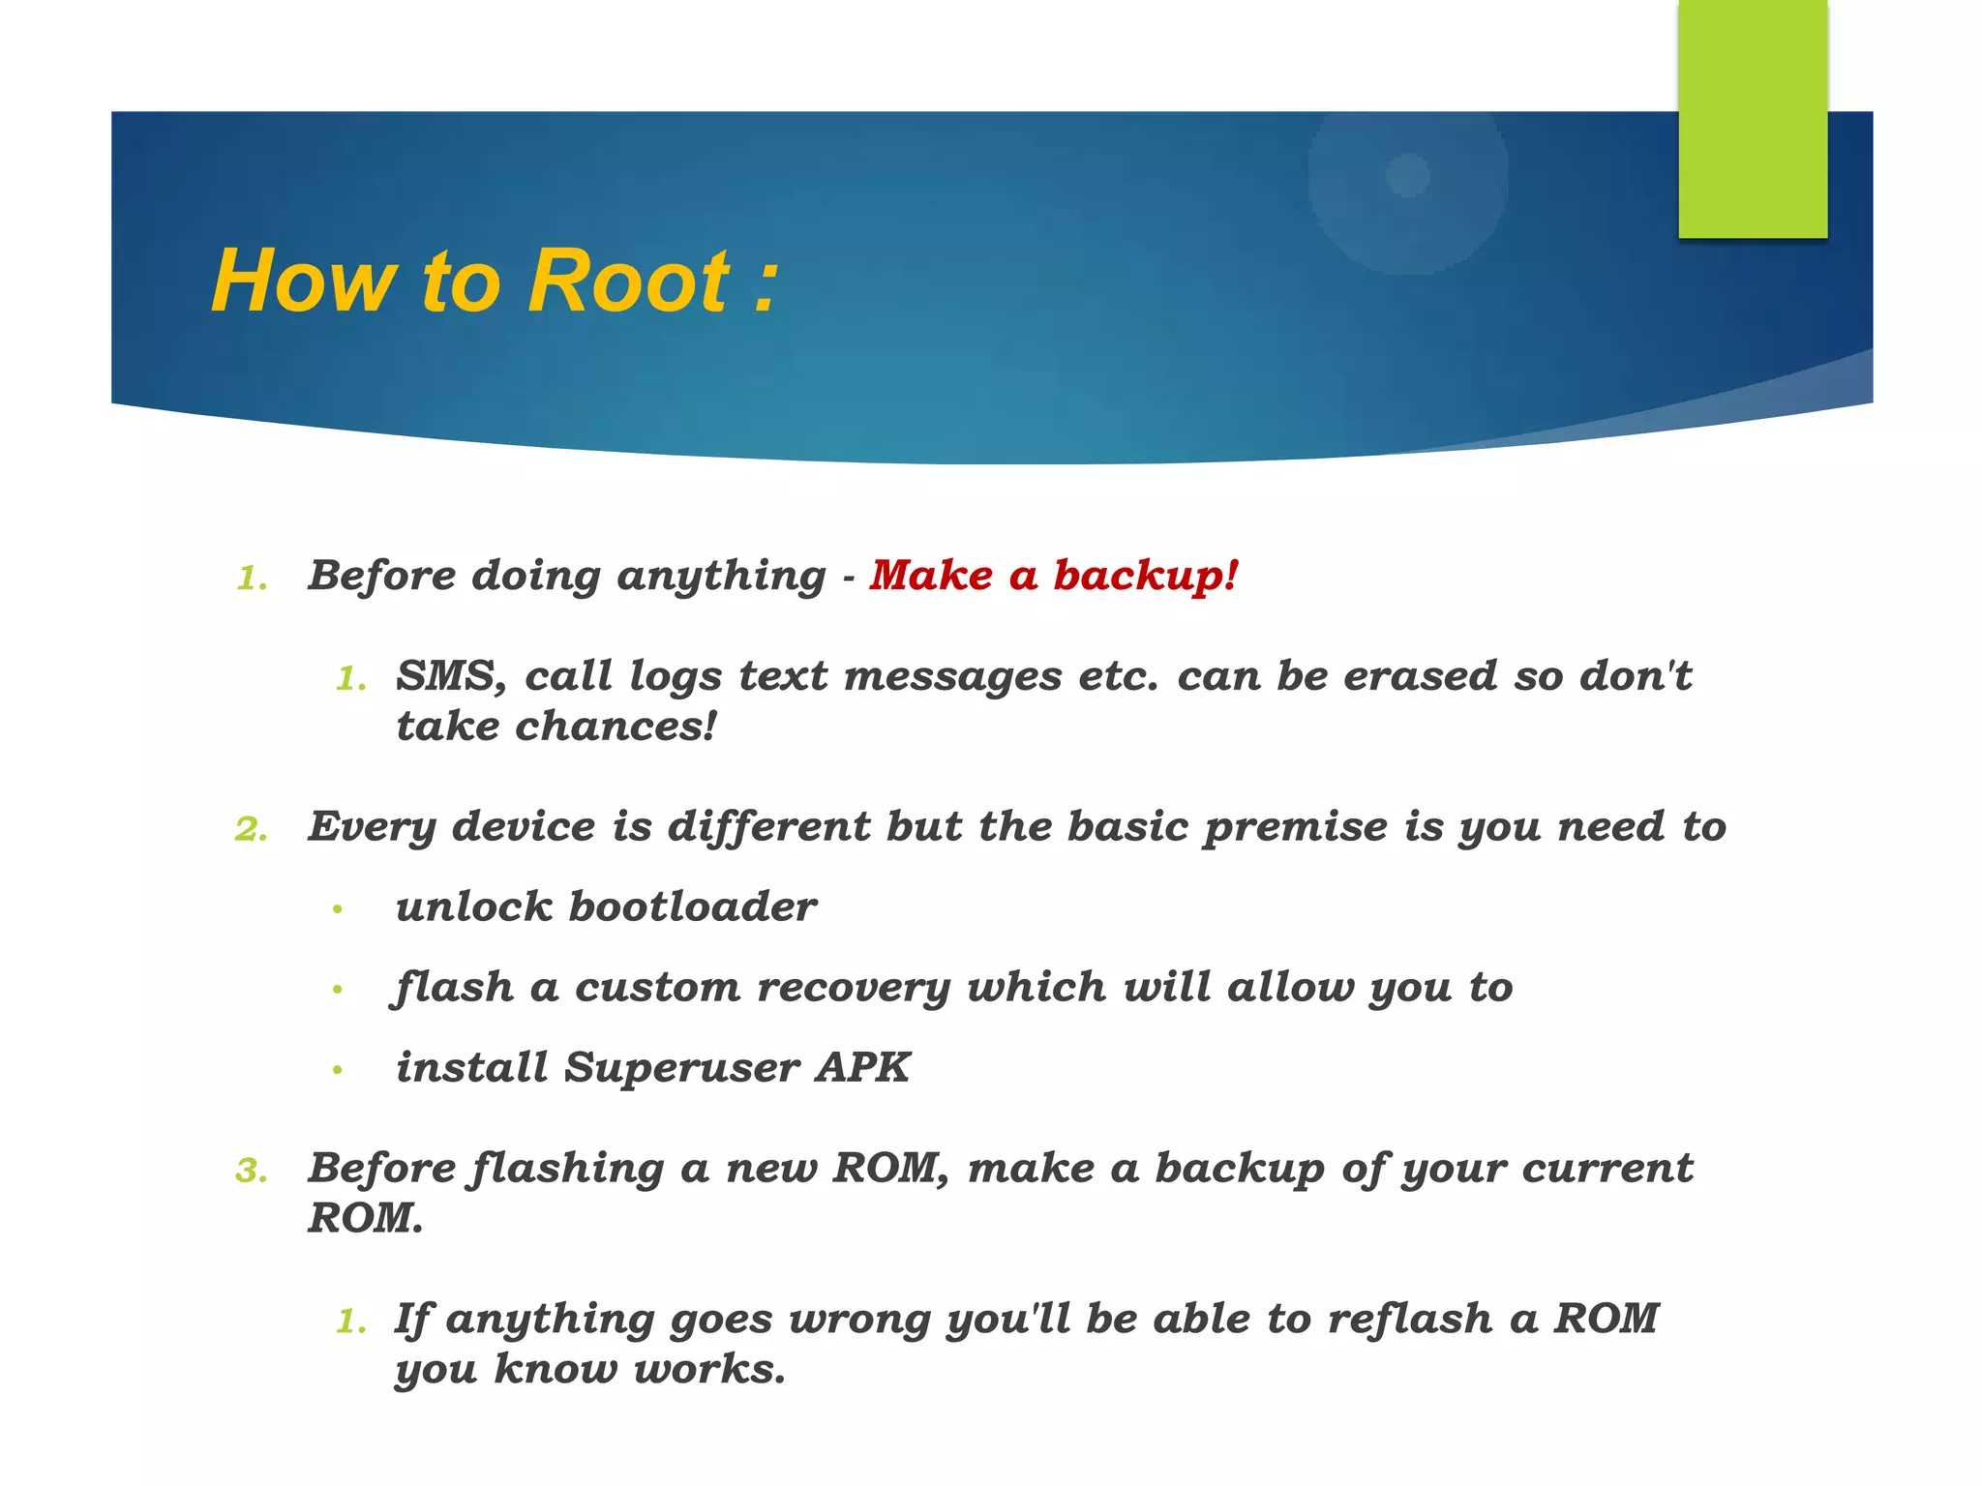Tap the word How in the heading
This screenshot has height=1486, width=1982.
pos(304,282)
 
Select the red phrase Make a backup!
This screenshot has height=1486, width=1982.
pos(1053,576)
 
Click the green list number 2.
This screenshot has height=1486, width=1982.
pos(251,829)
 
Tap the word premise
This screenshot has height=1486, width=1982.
pos(1296,827)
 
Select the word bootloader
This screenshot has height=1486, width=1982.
pos(692,907)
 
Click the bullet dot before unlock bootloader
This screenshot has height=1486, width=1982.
pos(337,909)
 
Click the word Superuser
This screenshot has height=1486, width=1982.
pos(681,1068)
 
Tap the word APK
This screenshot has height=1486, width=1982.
pos(862,1068)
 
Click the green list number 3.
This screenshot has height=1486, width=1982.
pos(251,1172)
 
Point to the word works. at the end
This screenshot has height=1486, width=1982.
pos(708,1369)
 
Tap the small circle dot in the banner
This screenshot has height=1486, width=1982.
pos(1407,175)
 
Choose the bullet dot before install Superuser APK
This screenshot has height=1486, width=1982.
pos(337,1070)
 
